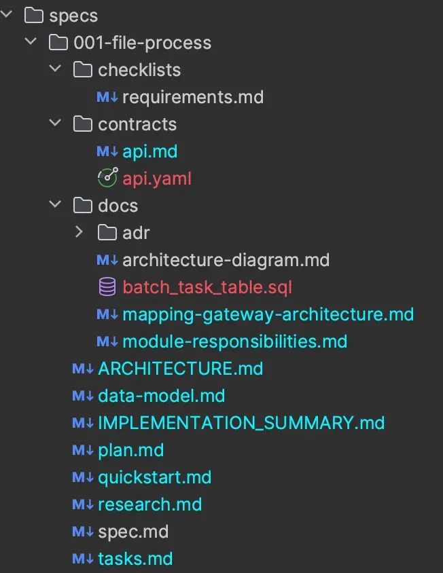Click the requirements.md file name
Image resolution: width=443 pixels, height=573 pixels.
click(x=192, y=97)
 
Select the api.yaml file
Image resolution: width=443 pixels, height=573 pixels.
click(x=157, y=179)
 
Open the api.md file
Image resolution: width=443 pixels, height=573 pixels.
click(x=149, y=151)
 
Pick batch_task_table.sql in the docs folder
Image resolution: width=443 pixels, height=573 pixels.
click(x=207, y=287)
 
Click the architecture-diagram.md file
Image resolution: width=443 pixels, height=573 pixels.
click(x=226, y=260)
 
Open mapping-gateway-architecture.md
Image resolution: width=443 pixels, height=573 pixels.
click(x=268, y=314)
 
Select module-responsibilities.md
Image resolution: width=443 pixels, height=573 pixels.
click(x=234, y=341)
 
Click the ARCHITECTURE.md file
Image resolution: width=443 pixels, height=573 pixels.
click(x=180, y=369)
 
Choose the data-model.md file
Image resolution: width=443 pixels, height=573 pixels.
click(x=161, y=396)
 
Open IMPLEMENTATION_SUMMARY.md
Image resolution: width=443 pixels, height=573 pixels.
click(x=241, y=423)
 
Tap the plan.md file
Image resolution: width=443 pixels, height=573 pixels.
click(x=130, y=450)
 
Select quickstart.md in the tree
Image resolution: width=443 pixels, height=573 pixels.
click(x=154, y=477)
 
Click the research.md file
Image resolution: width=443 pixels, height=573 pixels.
click(x=149, y=504)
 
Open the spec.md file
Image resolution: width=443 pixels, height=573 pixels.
click(x=132, y=532)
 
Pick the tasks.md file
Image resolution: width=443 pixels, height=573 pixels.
click(x=135, y=559)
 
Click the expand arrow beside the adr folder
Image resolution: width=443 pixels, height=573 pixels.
click(x=79, y=233)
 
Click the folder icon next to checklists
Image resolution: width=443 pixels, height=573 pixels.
click(x=82, y=70)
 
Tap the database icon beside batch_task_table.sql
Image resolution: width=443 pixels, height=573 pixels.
click(x=107, y=287)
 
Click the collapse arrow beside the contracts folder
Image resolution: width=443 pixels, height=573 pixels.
click(x=55, y=124)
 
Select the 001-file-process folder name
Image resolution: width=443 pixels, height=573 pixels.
click(x=142, y=43)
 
